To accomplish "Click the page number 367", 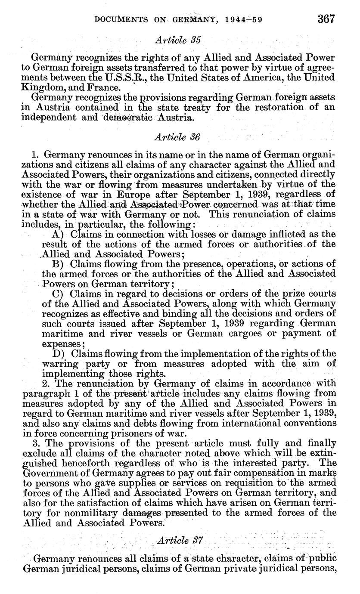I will point(326,19).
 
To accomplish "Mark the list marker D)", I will point(57,354).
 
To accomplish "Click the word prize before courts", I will point(297,294).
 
